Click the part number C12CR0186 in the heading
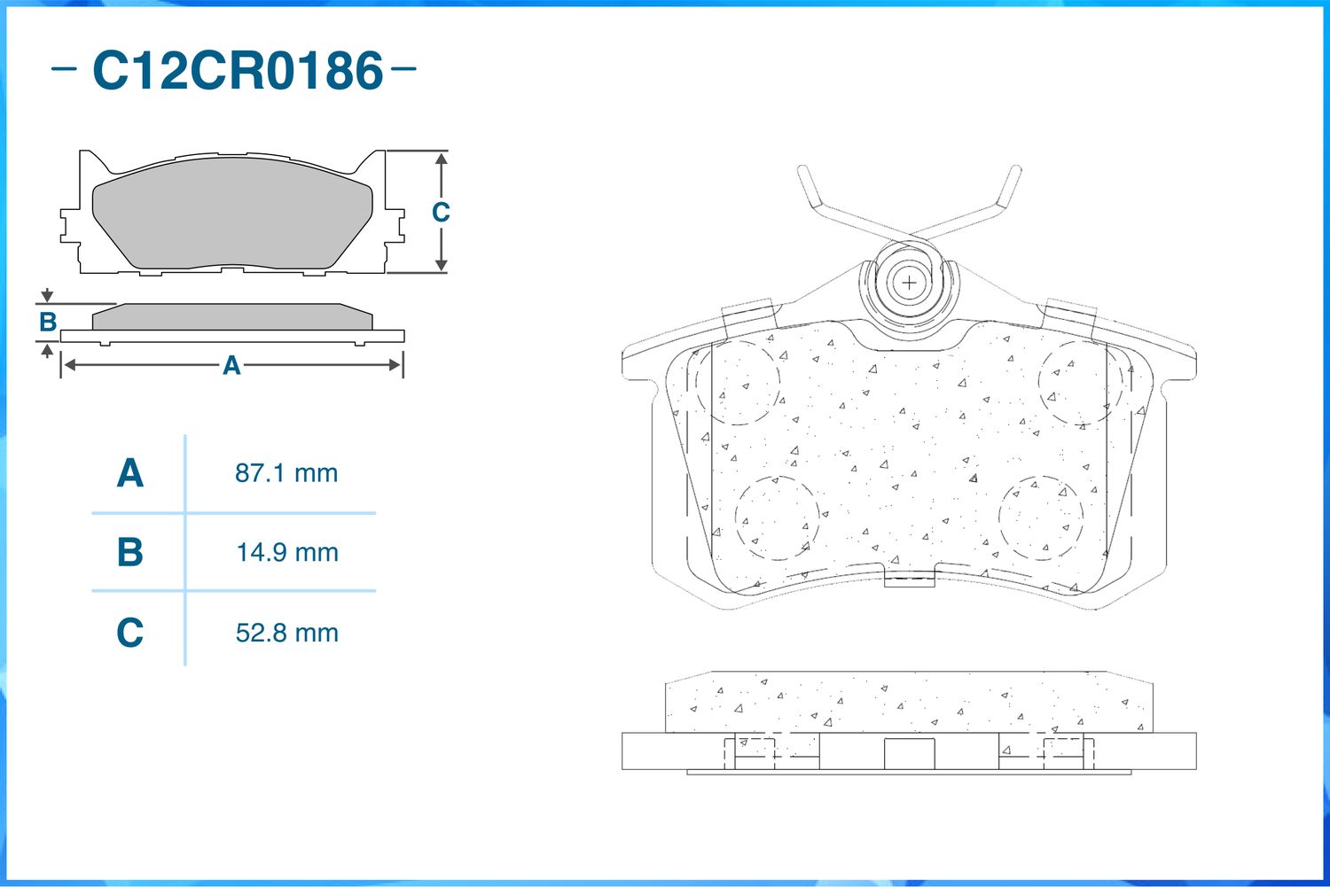tap(238, 71)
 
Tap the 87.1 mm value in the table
tap(286, 473)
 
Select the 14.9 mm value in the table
tap(287, 553)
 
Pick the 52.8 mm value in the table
tap(286, 633)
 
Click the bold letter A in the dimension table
tap(130, 473)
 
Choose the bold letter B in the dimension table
tap(130, 552)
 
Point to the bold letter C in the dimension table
tap(130, 633)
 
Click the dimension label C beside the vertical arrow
tap(441, 212)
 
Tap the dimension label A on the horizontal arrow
tap(231, 365)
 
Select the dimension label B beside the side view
tap(48, 323)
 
